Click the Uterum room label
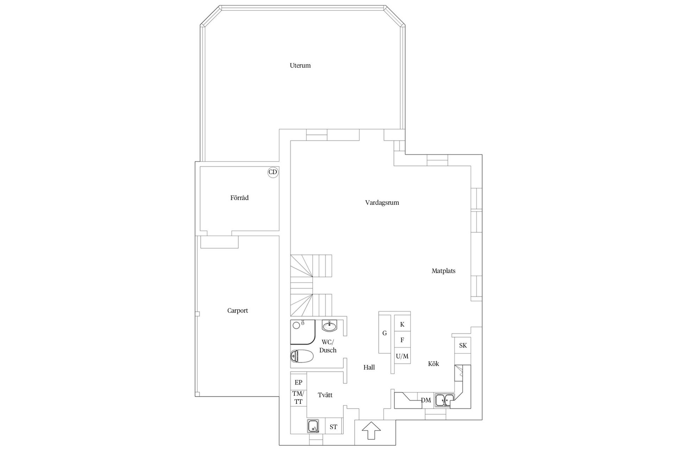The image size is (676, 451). pyautogui.click(x=300, y=66)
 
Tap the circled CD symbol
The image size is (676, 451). pyautogui.click(x=273, y=172)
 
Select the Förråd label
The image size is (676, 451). pyautogui.click(x=239, y=198)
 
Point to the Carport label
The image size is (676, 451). pyautogui.click(x=238, y=311)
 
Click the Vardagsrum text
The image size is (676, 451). pyautogui.click(x=382, y=203)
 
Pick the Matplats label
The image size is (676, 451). pyautogui.click(x=444, y=271)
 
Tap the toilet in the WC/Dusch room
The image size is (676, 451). pyautogui.click(x=302, y=356)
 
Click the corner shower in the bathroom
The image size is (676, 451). pyautogui.click(x=301, y=332)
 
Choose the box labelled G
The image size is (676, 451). pyautogui.click(x=385, y=333)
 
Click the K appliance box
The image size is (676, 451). pyautogui.click(x=402, y=325)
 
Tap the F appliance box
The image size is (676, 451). pyautogui.click(x=402, y=340)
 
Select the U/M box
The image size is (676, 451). pyautogui.click(x=402, y=356)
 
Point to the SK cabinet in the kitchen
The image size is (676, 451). pyautogui.click(x=463, y=346)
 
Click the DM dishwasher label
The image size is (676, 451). pyautogui.click(x=426, y=401)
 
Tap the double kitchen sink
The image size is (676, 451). pyautogui.click(x=444, y=400)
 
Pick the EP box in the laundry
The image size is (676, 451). pyautogui.click(x=299, y=383)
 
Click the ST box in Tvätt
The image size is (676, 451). pyautogui.click(x=333, y=427)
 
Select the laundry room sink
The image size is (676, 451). pyautogui.click(x=313, y=426)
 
